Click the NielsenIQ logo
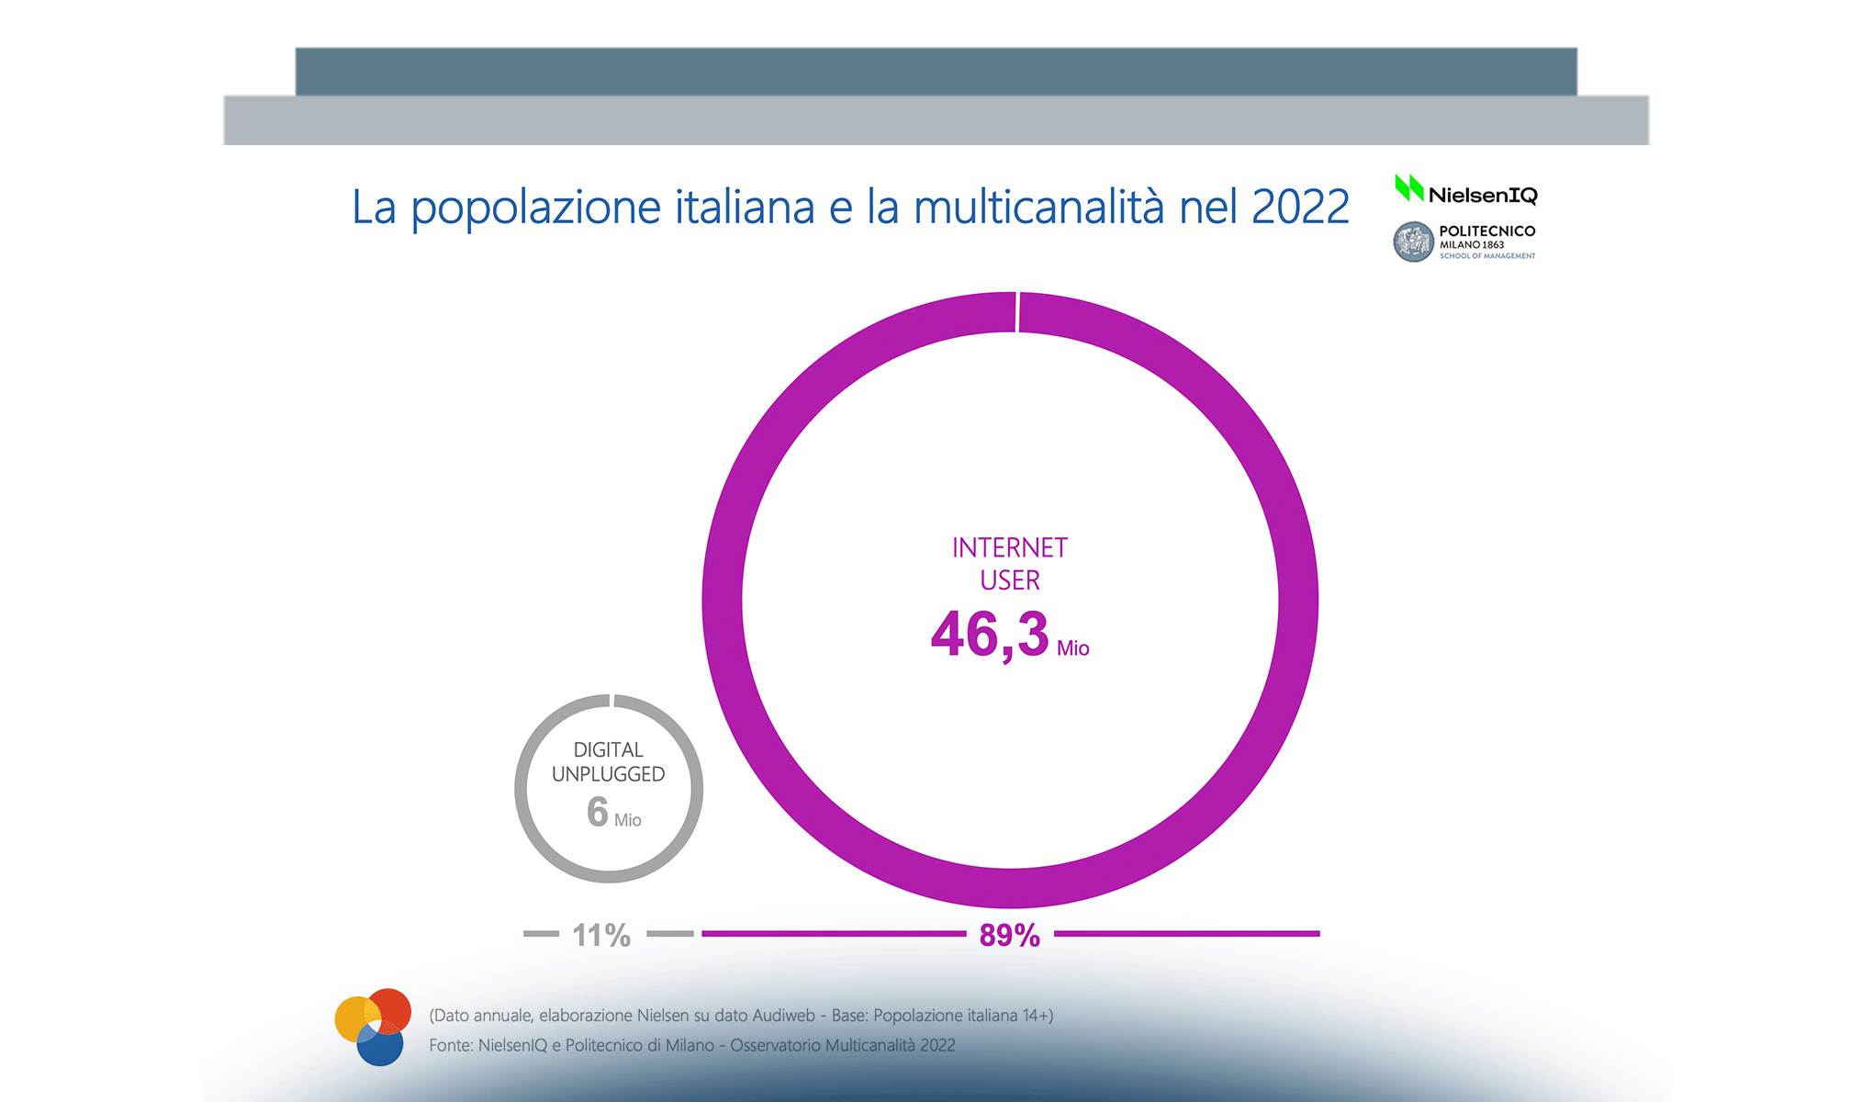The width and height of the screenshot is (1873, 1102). tap(1465, 191)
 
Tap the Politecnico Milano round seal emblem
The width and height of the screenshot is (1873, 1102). tap(1413, 242)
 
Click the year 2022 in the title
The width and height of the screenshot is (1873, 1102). tap(1300, 207)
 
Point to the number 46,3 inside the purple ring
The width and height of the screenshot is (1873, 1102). tap(990, 635)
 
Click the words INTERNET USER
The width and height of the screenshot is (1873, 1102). tap(1010, 564)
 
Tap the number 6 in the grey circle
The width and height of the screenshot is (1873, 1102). tap(598, 812)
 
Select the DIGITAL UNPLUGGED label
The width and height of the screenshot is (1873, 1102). tap(608, 762)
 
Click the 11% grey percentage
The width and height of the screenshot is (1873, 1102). tap(601, 935)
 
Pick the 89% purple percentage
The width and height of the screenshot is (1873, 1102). tap(1009, 935)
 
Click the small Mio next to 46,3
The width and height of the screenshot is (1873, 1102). tap(1072, 648)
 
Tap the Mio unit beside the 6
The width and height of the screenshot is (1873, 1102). tap(628, 820)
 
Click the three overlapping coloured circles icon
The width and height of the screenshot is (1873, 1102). tap(372, 1027)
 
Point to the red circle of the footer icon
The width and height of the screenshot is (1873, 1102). tap(393, 1006)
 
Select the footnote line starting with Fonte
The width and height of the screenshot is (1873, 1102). tap(691, 1045)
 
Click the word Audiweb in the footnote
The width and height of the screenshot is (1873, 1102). tap(783, 1016)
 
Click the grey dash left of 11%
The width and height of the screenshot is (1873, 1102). tap(541, 934)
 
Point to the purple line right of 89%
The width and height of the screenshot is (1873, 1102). tap(1186, 934)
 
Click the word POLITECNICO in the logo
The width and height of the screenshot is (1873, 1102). tap(1486, 231)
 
